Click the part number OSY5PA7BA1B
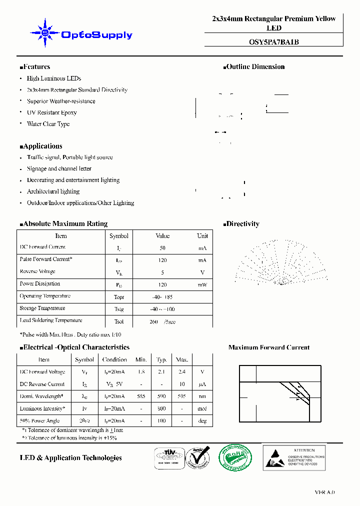[x=273, y=42]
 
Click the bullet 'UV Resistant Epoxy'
[x=51, y=112]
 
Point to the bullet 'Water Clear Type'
[x=48, y=124]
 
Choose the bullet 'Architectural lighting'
[x=53, y=191]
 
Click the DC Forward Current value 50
[x=162, y=248]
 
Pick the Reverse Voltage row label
[x=37, y=271]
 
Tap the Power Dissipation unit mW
[x=202, y=284]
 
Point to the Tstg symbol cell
[x=118, y=309]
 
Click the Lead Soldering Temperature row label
[x=51, y=320]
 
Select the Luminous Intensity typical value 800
[x=161, y=409]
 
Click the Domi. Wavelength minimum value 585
[x=141, y=396]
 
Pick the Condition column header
[x=114, y=359]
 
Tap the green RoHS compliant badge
[x=236, y=457]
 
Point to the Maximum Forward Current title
[x=268, y=347]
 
